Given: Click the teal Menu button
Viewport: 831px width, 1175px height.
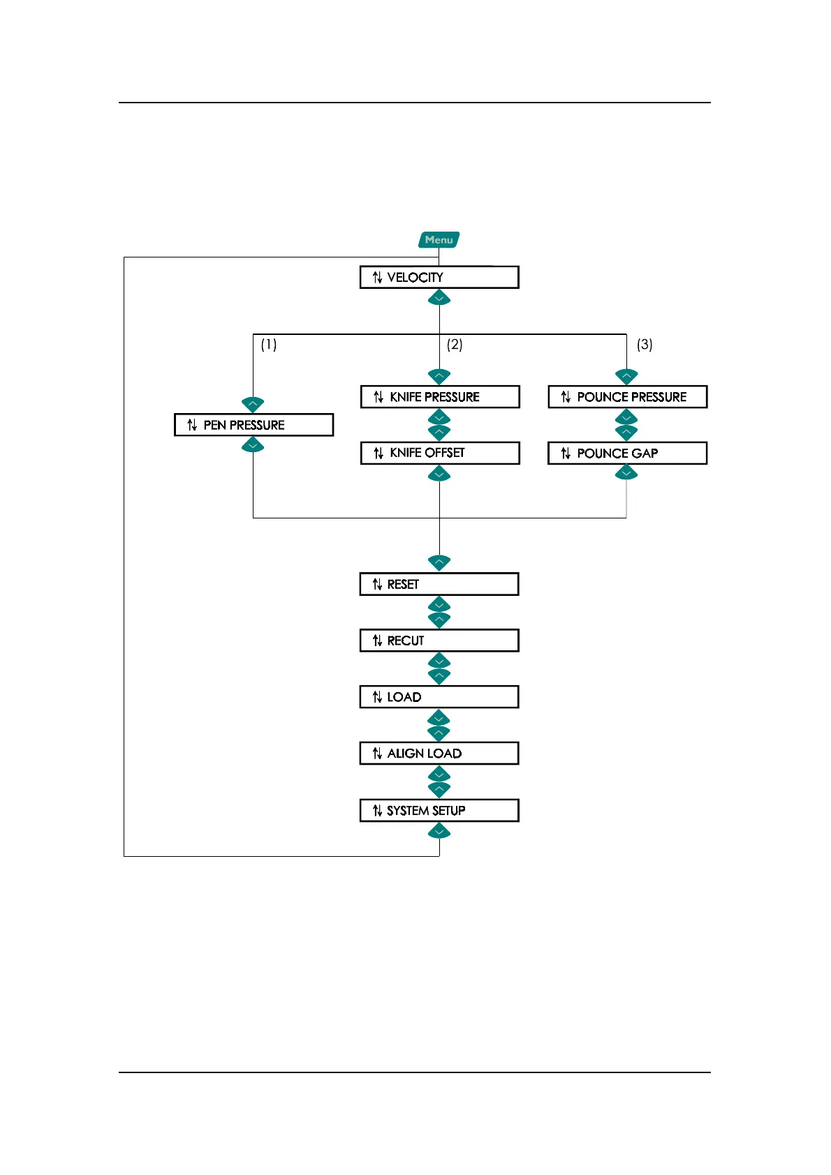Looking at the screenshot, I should (439, 240).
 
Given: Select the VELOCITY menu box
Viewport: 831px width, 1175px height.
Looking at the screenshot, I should (439, 277).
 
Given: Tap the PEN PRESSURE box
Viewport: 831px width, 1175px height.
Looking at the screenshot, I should (253, 425).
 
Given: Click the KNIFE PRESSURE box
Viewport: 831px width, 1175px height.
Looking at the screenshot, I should (440, 397).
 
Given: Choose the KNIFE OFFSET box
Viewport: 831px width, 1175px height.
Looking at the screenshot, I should (440, 453).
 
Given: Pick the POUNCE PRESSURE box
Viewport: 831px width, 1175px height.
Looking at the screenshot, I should (627, 397).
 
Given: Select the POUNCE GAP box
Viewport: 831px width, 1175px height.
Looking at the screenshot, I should (627, 454).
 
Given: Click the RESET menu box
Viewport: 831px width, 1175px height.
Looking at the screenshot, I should (439, 584).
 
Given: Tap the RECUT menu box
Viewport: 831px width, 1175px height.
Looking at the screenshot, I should (439, 641).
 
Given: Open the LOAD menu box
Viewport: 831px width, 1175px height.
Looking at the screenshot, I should (439, 697).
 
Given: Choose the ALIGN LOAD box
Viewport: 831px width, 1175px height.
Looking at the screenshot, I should (439, 754).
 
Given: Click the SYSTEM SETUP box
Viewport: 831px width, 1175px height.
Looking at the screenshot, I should (439, 810).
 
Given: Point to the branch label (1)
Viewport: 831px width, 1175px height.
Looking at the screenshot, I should (269, 345).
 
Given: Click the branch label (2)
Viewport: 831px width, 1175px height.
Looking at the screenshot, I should (455, 345).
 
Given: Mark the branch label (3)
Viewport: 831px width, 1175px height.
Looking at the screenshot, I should (645, 345).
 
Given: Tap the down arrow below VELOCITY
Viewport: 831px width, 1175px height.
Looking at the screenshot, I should (439, 299).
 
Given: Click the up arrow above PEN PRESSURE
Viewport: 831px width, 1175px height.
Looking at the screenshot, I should (253, 404).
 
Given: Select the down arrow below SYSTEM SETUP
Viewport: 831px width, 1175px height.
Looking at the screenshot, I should (439, 831).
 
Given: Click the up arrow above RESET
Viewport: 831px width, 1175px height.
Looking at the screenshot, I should (439, 562).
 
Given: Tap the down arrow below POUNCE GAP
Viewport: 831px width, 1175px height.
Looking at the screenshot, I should (626, 474).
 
